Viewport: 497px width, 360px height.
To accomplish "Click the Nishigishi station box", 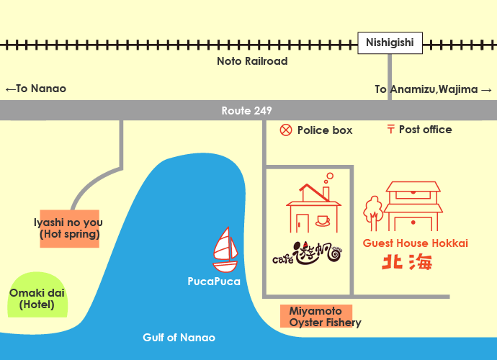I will point(389,43).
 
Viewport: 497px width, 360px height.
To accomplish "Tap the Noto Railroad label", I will point(252,61).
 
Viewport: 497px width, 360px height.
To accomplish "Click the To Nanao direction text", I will point(35,89).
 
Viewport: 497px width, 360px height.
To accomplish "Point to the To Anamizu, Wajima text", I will point(433,89).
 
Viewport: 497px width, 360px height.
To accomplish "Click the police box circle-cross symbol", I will point(286,130).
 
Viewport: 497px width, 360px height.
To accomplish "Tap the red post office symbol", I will point(391,130).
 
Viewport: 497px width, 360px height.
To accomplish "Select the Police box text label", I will point(325,130).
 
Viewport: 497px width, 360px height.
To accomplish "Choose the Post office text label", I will point(425,130).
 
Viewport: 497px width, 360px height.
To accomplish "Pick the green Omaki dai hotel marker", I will point(37,296).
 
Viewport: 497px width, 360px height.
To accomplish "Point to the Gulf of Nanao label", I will point(179,338).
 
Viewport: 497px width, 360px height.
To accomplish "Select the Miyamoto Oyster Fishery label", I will point(316,317).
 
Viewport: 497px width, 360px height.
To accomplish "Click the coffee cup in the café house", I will point(321,220).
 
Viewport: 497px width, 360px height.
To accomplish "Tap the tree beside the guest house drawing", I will point(372,208).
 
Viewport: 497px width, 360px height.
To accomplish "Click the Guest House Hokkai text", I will point(416,243).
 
